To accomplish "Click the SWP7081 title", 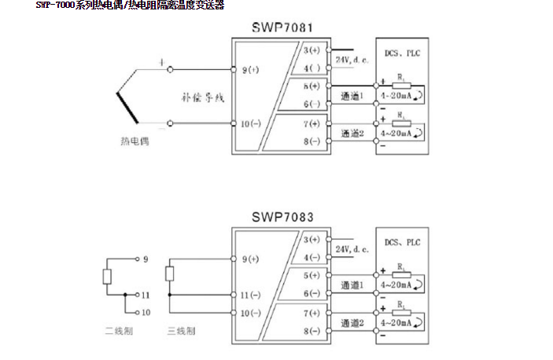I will coord(282,28).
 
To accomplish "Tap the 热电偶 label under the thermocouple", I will coord(135,141).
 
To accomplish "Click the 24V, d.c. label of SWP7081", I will coord(352,60).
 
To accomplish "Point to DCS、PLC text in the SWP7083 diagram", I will coord(402,242).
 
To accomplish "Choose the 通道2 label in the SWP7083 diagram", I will coord(352,322).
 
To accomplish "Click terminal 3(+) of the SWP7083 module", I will coord(313,238).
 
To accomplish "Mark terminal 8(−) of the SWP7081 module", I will coord(313,141).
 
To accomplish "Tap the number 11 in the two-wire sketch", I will coord(146,295).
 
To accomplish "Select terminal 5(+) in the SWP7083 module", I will coord(313,275).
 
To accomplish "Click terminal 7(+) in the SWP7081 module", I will coord(313,123).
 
